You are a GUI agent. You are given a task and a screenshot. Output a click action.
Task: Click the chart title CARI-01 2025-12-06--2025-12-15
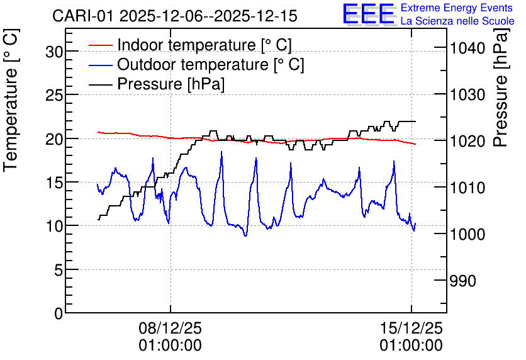point(175,16)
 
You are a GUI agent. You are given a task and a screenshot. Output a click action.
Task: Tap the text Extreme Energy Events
point(457,8)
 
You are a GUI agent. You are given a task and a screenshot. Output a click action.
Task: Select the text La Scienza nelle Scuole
point(457,21)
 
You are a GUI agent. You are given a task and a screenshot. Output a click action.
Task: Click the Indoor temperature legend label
point(204,45)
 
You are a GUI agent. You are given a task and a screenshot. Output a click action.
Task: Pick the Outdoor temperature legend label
point(211,64)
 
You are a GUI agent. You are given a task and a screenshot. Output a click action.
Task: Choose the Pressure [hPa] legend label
point(171,84)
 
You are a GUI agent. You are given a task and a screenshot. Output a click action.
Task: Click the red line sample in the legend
point(101,45)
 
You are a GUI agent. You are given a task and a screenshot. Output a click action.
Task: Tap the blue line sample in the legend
point(101,64)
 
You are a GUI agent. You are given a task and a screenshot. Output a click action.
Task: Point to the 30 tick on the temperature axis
point(54,52)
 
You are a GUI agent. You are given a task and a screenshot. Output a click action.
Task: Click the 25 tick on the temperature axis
point(54,95)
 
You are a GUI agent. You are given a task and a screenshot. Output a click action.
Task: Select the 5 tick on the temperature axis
point(59,270)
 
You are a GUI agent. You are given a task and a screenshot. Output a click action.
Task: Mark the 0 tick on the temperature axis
point(59,313)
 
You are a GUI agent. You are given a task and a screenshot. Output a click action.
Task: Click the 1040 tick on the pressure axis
point(467,48)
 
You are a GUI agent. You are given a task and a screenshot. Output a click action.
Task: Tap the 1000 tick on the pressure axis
point(467,234)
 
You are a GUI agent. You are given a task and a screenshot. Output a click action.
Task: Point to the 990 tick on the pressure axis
point(462,281)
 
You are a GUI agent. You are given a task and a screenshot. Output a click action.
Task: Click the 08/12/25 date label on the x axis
point(171,328)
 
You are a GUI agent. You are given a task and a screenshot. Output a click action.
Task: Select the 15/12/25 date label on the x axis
point(411,328)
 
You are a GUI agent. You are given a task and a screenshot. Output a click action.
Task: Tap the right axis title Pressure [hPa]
point(500,87)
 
